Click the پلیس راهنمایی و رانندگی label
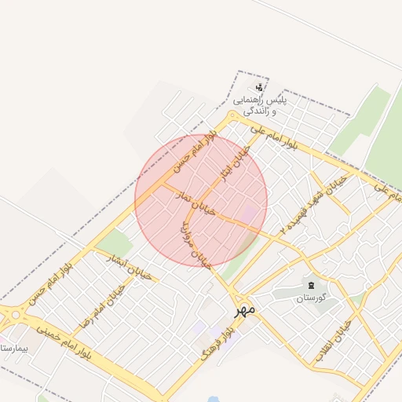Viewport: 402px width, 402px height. pos(260,106)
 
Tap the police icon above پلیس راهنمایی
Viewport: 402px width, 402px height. pos(260,87)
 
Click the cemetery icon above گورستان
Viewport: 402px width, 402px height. pos(311,284)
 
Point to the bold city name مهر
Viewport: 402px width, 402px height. pos(245,310)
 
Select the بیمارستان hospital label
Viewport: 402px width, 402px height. pos(15,345)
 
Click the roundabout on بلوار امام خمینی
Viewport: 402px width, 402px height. pos(13,316)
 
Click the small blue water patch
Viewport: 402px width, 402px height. pos(213,398)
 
